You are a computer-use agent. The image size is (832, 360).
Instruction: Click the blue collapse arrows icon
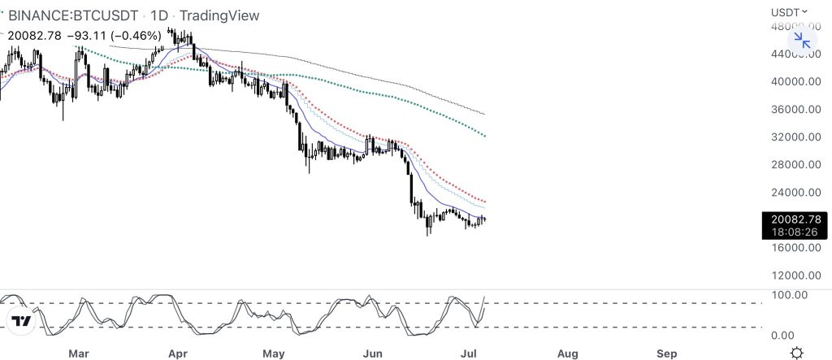click(802, 40)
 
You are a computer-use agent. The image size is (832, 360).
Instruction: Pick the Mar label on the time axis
click(78, 353)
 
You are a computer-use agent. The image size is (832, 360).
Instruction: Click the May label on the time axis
click(275, 353)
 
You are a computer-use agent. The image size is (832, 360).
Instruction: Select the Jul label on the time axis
click(467, 353)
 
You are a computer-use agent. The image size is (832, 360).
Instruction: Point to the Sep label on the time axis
click(666, 353)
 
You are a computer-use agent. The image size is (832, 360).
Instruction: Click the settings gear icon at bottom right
click(798, 352)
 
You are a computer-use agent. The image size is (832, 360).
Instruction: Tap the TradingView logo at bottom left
click(22, 321)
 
